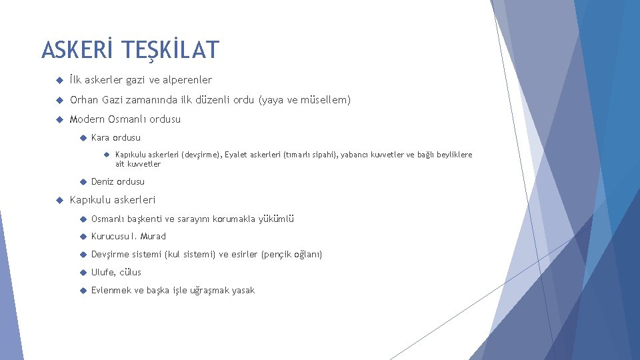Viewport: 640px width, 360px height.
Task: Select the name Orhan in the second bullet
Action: pyautogui.click(x=85, y=100)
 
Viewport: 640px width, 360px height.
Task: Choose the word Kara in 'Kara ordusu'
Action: pyautogui.click(x=101, y=138)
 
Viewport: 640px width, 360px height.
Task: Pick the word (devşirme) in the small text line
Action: pyautogui.click(x=201, y=155)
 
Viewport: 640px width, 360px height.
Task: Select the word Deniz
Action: pyautogui.click(x=103, y=181)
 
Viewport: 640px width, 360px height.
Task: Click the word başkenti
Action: pyautogui.click(x=147, y=219)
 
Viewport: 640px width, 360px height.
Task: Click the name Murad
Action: pyautogui.click(x=153, y=236)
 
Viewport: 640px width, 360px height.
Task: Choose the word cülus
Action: pyautogui.click(x=131, y=272)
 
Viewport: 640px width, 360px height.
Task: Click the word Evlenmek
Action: pyautogui.click(x=113, y=290)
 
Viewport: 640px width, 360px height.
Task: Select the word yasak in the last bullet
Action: pyautogui.click(x=243, y=290)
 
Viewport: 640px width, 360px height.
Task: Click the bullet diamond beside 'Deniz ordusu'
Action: pyautogui.click(x=81, y=181)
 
